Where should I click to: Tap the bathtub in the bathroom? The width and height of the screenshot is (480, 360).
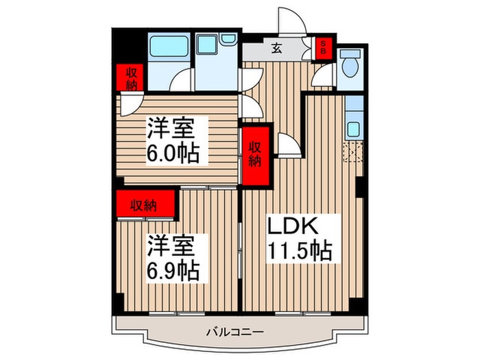(x=170, y=48)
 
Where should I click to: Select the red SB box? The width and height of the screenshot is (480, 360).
(x=322, y=49)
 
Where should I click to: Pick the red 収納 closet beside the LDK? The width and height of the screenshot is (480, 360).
(x=255, y=154)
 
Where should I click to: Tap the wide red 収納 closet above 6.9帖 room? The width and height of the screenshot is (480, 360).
(x=145, y=204)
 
